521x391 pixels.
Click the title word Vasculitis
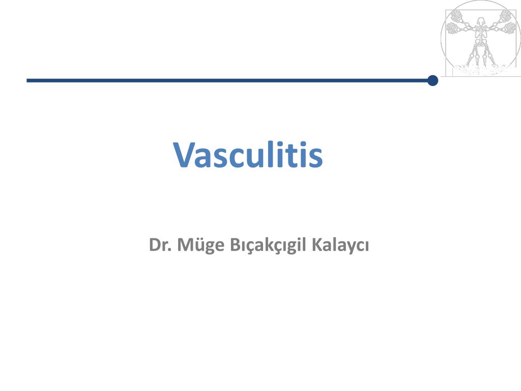point(248,155)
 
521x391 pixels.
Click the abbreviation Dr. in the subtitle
point(160,245)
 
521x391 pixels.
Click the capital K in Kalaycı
point(317,245)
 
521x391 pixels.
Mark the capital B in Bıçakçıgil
point(235,245)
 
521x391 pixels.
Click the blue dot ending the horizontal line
point(432,80)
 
